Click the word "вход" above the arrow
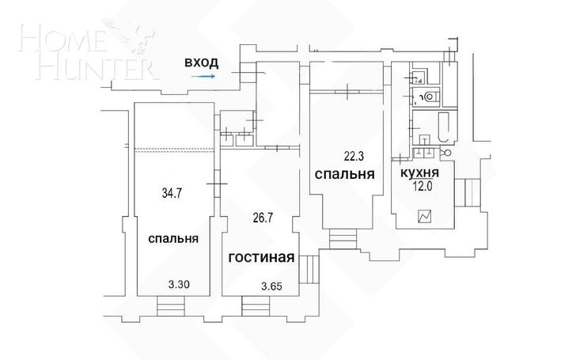click(x=201, y=63)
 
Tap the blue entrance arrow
click(x=203, y=77)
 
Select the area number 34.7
click(x=172, y=193)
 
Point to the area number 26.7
click(x=263, y=218)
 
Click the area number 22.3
click(x=354, y=157)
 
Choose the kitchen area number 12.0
click(x=422, y=186)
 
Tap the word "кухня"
click(x=419, y=172)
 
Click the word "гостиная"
click(x=262, y=257)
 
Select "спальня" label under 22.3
click(x=345, y=174)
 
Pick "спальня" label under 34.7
click(x=173, y=239)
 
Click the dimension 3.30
click(x=179, y=284)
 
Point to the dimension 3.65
click(x=272, y=286)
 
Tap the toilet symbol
click(x=430, y=97)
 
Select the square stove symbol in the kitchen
click(x=424, y=217)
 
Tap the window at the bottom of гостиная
click(x=256, y=306)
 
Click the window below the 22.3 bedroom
click(x=343, y=238)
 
